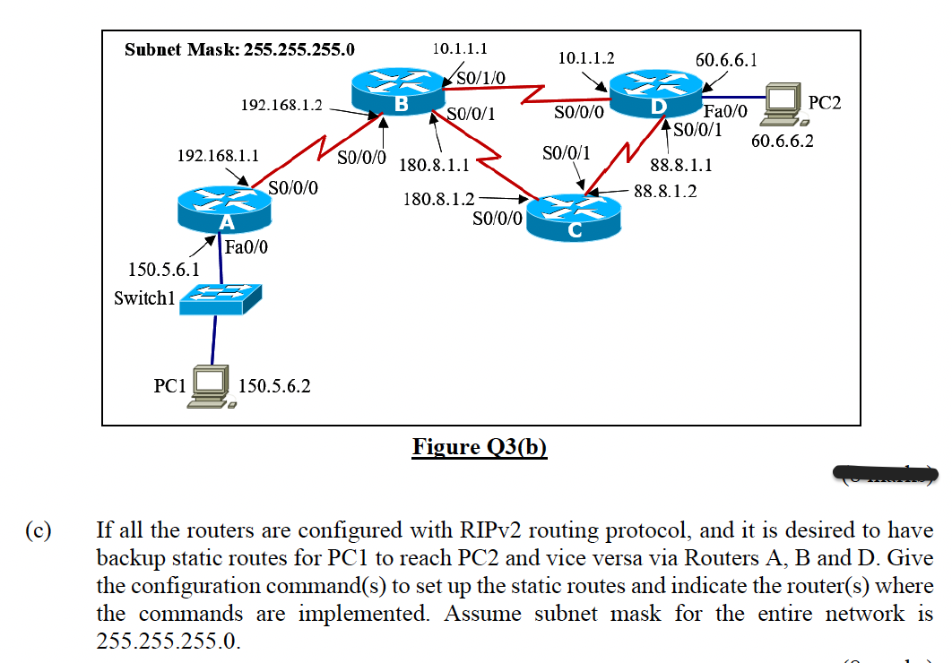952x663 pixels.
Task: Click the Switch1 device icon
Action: pos(220,298)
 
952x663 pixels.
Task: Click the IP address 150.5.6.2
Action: pos(275,386)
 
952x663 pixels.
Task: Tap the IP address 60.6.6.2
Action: pos(783,141)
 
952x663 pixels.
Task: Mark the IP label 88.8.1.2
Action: pos(665,191)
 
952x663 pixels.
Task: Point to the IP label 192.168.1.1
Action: pos(218,156)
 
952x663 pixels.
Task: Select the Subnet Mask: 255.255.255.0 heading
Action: pos(239,49)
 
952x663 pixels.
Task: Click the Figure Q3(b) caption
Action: pos(480,446)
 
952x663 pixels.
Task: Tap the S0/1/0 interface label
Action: pos(482,78)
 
